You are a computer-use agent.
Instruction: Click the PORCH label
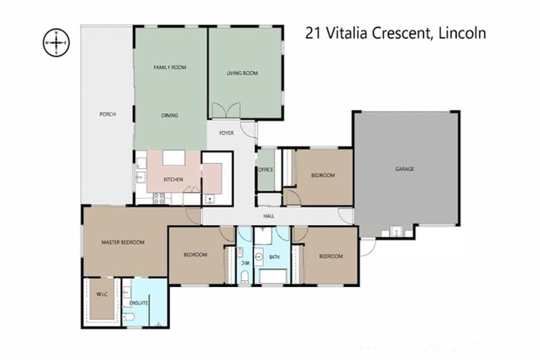coord(108,115)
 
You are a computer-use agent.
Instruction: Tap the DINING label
coord(169,115)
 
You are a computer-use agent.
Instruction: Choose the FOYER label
coord(226,133)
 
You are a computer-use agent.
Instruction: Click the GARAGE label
coord(405,169)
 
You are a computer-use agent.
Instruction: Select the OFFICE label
coord(266,169)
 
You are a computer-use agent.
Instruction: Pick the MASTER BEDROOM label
coord(122,243)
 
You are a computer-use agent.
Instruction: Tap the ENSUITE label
coord(138,303)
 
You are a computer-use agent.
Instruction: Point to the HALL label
coord(268,217)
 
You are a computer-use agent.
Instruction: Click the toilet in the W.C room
coord(244,276)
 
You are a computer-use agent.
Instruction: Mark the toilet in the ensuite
coord(129,319)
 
